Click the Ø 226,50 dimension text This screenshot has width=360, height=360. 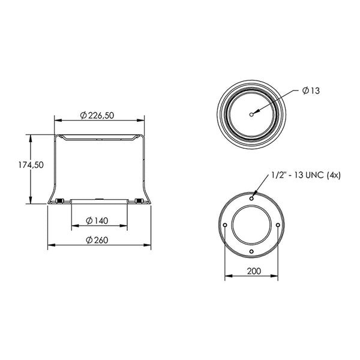click(97, 115)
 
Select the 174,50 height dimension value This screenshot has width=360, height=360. click(31, 165)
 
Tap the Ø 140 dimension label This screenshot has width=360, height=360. click(97, 221)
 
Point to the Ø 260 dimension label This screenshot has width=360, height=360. click(97, 240)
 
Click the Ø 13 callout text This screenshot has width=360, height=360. click(311, 91)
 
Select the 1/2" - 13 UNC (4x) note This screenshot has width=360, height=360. click(306, 175)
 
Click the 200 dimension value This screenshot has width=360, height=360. click(254, 271)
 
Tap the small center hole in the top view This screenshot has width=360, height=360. click(251, 115)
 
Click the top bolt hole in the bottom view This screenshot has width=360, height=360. click(251, 199)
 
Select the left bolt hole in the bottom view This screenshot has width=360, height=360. click(225, 225)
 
